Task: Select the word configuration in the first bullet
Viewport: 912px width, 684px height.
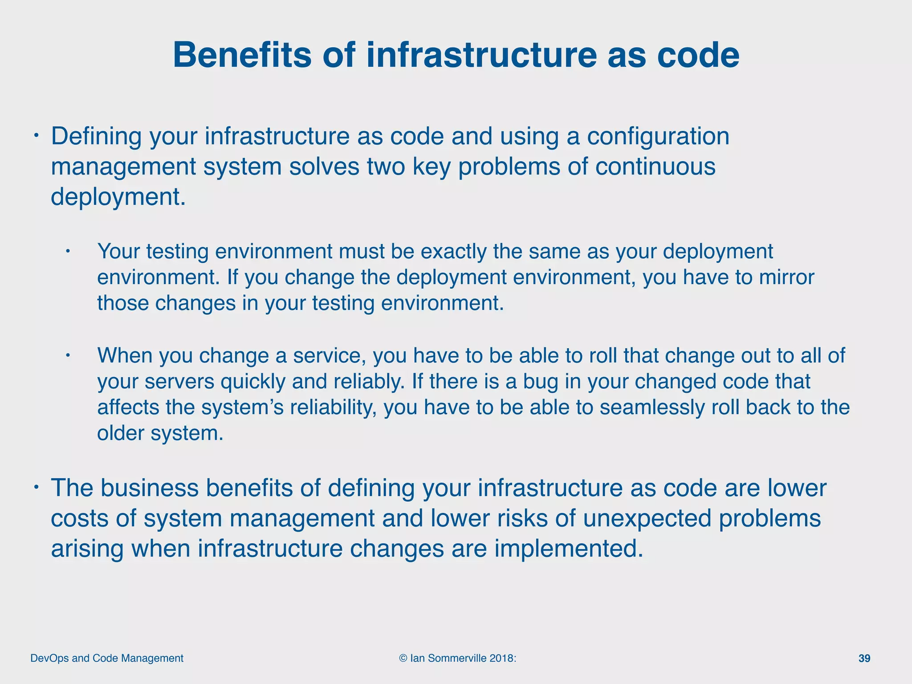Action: point(658,136)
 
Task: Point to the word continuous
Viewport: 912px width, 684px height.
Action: point(655,167)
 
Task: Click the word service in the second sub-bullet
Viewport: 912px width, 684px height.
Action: point(328,356)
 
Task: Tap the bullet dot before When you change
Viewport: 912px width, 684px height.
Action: point(68,355)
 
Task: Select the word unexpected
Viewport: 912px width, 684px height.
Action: point(647,518)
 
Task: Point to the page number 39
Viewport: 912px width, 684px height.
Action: point(864,659)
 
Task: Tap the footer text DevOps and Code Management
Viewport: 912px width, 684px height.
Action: point(107,659)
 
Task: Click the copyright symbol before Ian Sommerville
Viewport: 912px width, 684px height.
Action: point(403,659)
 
